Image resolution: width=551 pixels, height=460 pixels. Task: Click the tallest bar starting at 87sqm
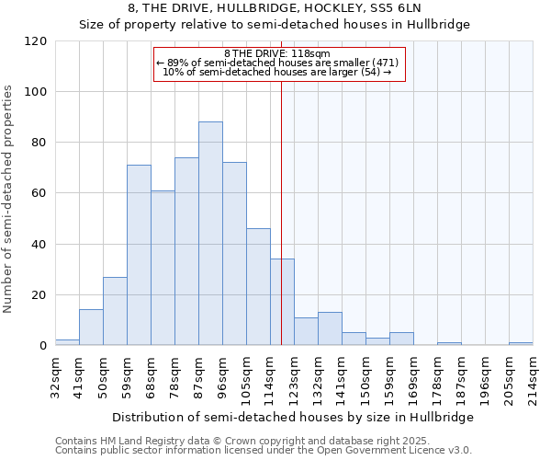(210, 234)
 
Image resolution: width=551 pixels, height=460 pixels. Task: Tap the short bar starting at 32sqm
(67, 342)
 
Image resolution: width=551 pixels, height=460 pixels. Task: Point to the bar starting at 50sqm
(115, 311)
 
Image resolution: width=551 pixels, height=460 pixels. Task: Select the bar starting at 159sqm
(401, 339)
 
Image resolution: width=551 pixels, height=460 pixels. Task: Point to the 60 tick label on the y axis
(39, 193)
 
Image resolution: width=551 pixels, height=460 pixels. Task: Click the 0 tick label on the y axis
(42, 346)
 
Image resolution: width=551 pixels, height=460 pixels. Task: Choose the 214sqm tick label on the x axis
(534, 375)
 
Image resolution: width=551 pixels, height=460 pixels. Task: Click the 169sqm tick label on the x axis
(414, 375)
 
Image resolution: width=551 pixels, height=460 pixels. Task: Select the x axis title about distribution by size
(294, 417)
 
